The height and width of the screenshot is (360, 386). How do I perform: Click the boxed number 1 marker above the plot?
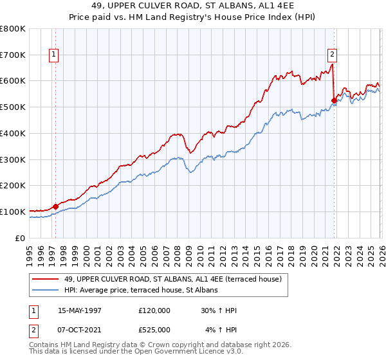tap(54, 55)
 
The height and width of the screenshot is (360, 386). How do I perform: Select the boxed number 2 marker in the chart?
tap(333, 55)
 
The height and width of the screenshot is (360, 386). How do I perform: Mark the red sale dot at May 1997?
tap(56, 206)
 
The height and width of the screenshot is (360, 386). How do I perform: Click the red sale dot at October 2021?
tap(334, 100)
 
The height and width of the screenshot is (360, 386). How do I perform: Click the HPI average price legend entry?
tap(141, 290)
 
